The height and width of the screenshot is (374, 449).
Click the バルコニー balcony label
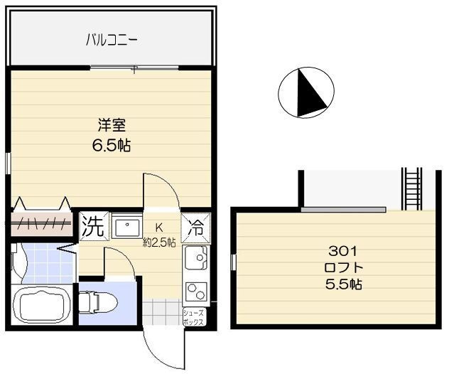click(x=112, y=40)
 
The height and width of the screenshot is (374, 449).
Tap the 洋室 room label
click(x=112, y=125)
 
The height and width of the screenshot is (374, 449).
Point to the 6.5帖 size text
click(x=112, y=145)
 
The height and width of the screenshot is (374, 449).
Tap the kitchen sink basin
click(x=196, y=257)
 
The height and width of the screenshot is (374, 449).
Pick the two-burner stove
click(x=196, y=292)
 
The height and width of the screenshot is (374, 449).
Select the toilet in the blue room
click(x=97, y=303)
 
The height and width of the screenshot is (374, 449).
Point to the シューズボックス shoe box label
click(x=194, y=317)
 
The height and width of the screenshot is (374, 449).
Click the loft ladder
click(x=412, y=189)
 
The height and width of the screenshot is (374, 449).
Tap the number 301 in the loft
click(x=342, y=252)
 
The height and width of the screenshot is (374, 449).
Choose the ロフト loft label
click(x=344, y=268)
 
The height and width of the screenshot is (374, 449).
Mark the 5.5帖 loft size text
click(x=344, y=284)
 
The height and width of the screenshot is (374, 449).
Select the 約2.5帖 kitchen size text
click(x=160, y=242)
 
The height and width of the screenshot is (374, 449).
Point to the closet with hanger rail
click(x=41, y=224)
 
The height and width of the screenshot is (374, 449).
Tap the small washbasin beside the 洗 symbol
click(x=127, y=225)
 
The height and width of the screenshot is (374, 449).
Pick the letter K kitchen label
click(x=159, y=228)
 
